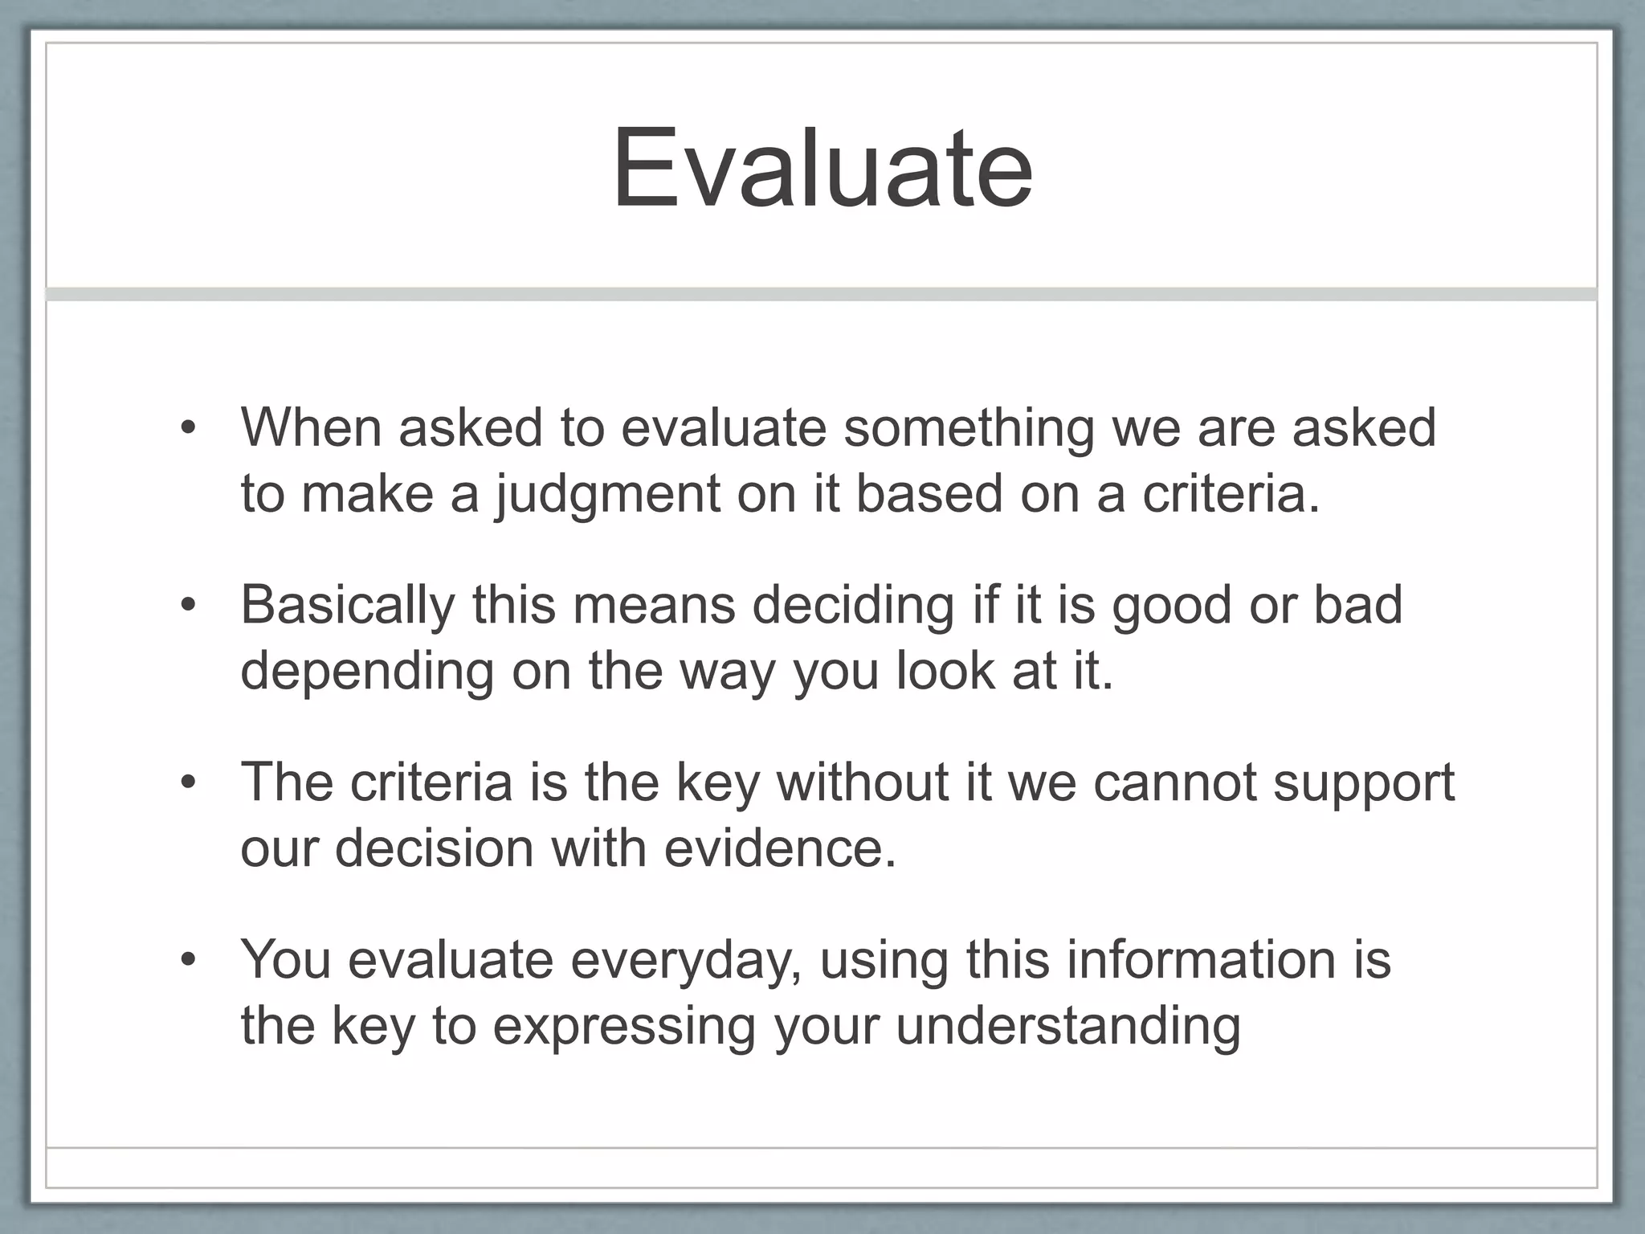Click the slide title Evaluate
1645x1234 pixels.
(x=822, y=170)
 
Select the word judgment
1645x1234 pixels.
(x=607, y=494)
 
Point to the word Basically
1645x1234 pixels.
(x=348, y=605)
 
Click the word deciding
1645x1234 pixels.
(x=853, y=605)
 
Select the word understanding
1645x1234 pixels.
(x=1068, y=1026)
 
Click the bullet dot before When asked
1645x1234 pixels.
(x=188, y=428)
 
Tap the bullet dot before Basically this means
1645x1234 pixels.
(x=188, y=606)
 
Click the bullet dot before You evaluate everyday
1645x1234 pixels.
(x=188, y=961)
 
